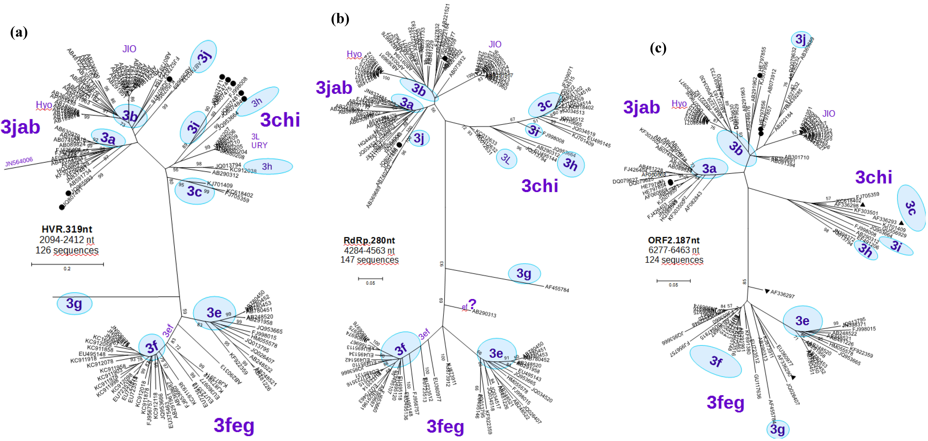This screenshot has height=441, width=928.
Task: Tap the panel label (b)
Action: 340,19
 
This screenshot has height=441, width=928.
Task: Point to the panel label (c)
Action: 658,48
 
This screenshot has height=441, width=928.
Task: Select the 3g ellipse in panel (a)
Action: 74,304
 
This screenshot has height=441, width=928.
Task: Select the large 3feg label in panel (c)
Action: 725,402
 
